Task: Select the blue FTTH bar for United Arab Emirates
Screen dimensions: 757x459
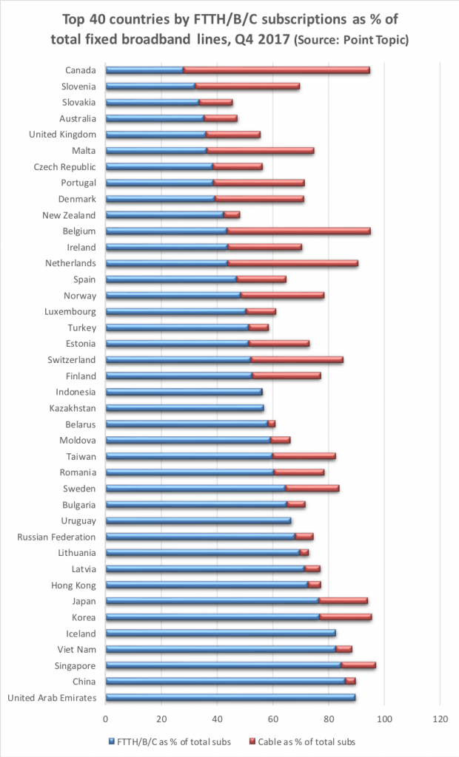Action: coord(230,697)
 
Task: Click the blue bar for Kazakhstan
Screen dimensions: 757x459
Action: coord(184,407)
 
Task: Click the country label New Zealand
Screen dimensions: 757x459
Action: coord(69,215)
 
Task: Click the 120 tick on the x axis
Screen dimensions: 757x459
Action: coord(440,717)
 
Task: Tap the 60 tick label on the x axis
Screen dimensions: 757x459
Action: coord(272,717)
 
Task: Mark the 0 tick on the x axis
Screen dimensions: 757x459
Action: coord(106,717)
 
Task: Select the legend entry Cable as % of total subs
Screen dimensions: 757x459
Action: coord(312,741)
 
